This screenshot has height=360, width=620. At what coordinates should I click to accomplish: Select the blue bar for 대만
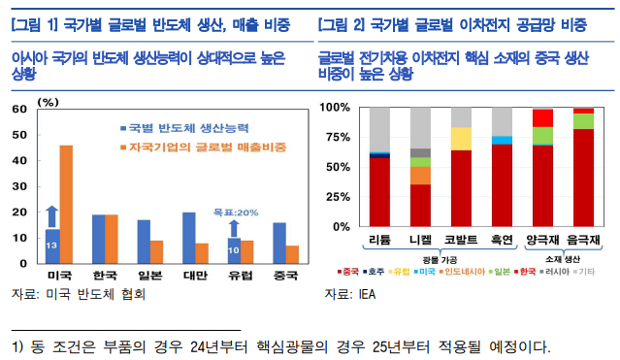(x=188, y=238)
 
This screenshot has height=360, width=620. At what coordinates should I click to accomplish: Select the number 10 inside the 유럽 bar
(x=233, y=251)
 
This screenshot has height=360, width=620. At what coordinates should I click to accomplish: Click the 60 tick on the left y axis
(x=18, y=110)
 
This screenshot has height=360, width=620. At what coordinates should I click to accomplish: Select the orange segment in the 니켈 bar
(x=420, y=175)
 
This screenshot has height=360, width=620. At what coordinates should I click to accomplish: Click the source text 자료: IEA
(x=348, y=292)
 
